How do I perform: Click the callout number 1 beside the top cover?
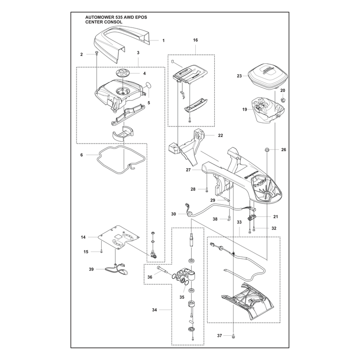coord(163,40)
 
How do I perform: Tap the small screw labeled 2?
coord(97,54)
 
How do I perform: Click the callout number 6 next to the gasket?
coord(81,155)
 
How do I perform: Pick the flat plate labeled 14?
coord(119,238)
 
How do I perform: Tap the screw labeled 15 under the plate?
coord(101,251)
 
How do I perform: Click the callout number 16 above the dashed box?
coord(195,40)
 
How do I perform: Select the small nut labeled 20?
coord(283,99)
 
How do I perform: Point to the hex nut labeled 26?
coord(267,150)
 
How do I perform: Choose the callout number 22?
coord(220,135)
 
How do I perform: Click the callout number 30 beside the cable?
coord(174,214)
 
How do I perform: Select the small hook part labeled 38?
coord(229,218)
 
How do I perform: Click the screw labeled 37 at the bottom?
coord(234,335)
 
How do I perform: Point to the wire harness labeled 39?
coord(116,269)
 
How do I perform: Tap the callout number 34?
coord(154,310)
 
